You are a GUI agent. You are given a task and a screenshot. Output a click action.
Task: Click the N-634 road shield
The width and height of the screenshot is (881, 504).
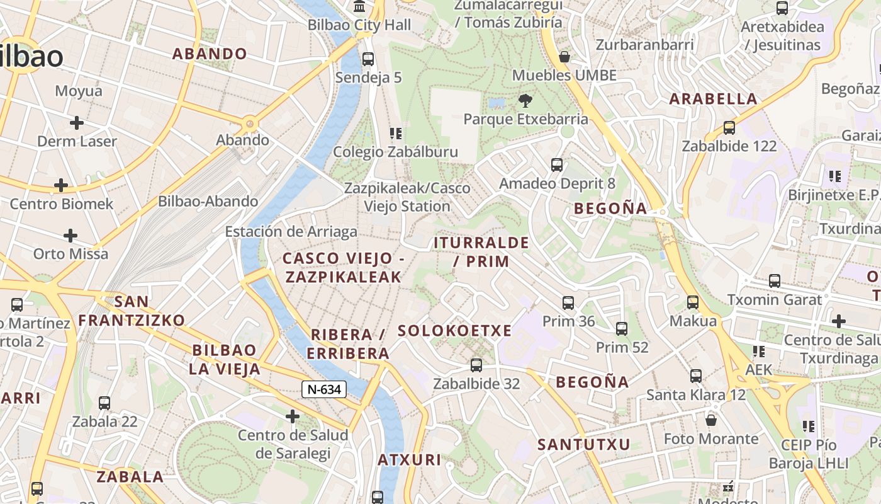pos(324,389)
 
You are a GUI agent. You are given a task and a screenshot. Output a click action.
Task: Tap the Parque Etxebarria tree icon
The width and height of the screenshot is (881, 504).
pos(525,100)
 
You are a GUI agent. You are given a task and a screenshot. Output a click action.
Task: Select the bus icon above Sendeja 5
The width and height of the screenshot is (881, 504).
pos(368,59)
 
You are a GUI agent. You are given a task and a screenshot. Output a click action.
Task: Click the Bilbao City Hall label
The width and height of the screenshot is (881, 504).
pos(359,25)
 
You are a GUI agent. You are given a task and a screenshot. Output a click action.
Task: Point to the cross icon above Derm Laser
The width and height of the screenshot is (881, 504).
pos(77,122)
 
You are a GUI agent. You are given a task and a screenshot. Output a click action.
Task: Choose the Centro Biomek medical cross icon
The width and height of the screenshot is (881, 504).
pos(61,185)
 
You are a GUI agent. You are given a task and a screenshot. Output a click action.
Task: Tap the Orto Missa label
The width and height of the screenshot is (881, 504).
pos(71,254)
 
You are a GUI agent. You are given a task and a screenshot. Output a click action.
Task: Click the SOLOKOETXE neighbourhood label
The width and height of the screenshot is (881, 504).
pos(455,331)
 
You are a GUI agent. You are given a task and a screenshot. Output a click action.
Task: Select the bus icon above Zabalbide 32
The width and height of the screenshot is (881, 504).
pos(476,365)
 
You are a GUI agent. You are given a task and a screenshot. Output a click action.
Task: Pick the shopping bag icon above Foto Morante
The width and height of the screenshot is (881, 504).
pos(711,420)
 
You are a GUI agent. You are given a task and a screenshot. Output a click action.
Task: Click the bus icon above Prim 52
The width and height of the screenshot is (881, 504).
pos(622,328)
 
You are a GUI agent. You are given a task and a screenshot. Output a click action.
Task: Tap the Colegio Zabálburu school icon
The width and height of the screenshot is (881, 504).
pos(395,133)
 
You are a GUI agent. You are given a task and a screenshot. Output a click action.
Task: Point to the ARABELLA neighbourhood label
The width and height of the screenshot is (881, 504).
pos(713,99)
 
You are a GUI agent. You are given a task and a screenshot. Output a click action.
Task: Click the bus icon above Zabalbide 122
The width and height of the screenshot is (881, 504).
pos(729,127)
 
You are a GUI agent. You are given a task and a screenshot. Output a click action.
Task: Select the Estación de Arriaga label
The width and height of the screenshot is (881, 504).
pos(291,231)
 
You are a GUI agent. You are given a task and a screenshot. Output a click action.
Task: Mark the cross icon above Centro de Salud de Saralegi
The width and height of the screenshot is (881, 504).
pos(293,416)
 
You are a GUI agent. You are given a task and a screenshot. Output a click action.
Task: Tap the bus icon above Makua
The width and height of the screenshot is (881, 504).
pos(693,302)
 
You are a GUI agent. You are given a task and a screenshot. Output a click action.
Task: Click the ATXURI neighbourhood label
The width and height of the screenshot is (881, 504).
pos(410,460)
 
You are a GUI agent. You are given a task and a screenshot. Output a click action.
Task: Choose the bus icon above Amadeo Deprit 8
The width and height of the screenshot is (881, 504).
pos(557,165)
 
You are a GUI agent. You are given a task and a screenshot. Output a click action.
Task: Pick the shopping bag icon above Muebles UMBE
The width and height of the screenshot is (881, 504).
pos(564,57)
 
